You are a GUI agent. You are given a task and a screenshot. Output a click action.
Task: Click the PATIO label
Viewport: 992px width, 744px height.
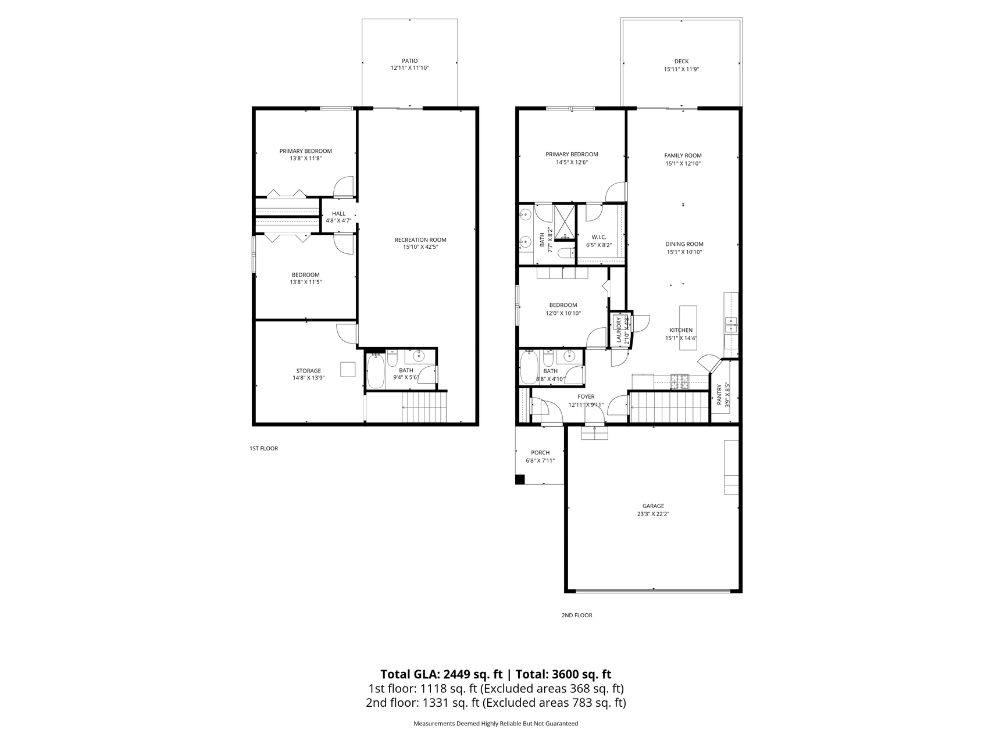[409, 60]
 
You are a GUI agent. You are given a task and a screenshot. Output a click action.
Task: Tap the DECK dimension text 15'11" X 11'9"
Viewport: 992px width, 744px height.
[681, 69]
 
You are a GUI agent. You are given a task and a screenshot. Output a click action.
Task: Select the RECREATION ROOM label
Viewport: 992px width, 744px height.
[420, 239]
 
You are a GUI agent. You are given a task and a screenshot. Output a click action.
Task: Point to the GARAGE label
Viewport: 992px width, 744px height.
[653, 506]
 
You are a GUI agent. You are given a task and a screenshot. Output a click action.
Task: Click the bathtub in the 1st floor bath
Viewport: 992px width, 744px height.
[376, 372]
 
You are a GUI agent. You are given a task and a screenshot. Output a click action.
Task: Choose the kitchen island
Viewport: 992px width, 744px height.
[688, 328]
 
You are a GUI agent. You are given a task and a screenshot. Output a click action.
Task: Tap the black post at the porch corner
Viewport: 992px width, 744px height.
[520, 480]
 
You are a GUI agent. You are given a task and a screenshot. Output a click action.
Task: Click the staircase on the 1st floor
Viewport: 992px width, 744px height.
[424, 407]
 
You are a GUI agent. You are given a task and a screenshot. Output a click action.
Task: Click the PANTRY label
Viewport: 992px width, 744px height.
[719, 394]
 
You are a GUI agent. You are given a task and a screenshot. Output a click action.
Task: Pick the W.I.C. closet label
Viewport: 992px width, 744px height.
[599, 237]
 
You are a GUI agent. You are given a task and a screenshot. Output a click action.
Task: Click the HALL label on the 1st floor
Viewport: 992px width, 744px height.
[338, 213]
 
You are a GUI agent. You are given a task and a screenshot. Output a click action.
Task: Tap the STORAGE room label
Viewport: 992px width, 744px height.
[308, 370]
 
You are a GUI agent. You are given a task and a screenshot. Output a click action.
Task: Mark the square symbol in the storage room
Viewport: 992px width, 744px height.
[348, 370]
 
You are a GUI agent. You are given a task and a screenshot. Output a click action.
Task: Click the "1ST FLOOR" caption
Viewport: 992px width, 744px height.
[263, 448]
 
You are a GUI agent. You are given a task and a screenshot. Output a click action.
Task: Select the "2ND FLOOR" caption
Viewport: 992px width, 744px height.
[577, 615]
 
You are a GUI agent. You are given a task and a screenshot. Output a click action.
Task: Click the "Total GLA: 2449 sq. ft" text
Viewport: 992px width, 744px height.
[441, 674]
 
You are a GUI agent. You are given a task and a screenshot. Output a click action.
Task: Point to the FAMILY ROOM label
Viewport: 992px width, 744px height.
[683, 155]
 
